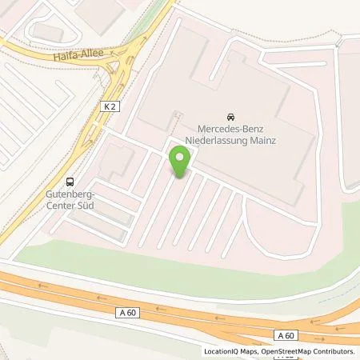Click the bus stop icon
click(x=70, y=181)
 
